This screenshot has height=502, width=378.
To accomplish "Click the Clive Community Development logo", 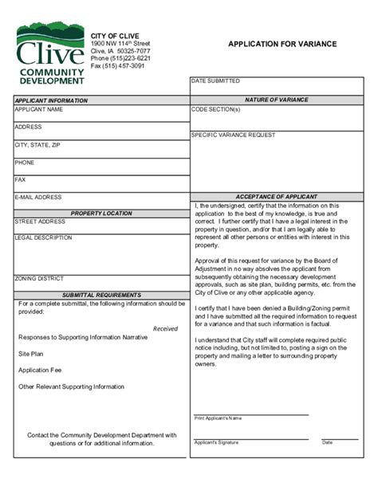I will click(49, 54).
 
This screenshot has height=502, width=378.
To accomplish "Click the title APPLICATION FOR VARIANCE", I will click(282, 45).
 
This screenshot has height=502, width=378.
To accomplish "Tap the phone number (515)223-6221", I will click(120, 58).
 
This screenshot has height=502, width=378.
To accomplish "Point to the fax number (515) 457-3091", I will click(118, 66).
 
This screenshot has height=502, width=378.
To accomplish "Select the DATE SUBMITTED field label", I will click(215, 81).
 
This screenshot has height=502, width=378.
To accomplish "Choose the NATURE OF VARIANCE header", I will click(276, 100).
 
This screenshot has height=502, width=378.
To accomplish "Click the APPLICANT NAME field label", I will click(38, 109).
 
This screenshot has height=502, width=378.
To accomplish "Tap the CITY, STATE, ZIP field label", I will click(37, 145).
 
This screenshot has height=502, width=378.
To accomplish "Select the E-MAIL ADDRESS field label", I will click(38, 197).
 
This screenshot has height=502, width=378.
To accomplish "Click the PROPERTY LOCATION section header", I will click(101, 213).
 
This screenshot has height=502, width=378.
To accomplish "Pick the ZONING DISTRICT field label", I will click(39, 279).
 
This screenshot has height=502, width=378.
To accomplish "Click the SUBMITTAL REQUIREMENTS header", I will click(101, 295).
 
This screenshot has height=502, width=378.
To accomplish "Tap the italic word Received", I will click(165, 328).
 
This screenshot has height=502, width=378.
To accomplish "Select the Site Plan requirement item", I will click(31, 353).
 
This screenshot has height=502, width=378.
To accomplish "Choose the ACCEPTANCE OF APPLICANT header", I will click(276, 196).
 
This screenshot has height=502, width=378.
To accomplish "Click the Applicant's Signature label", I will click(217, 442).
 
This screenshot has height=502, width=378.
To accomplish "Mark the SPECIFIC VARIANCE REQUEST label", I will click(233, 135).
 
